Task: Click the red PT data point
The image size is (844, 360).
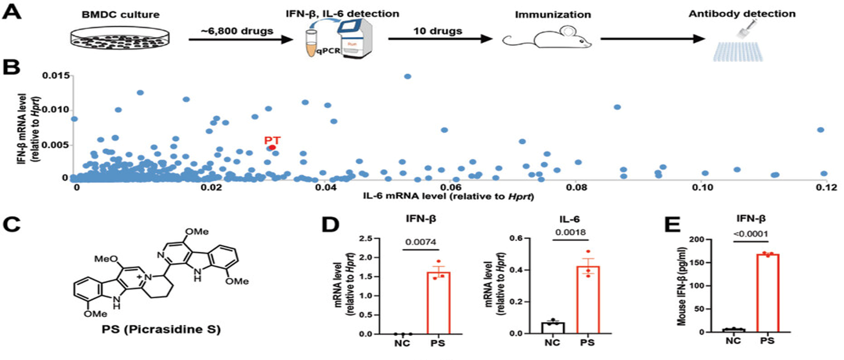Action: (x=272, y=147)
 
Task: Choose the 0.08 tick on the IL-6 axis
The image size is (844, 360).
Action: (x=576, y=187)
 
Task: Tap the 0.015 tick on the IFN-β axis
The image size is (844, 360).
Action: (x=57, y=76)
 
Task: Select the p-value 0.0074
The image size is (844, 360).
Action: (x=421, y=242)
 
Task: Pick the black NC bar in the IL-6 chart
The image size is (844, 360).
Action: (x=553, y=328)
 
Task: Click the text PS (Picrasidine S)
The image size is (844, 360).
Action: (x=161, y=330)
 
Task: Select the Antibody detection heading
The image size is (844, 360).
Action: (x=742, y=13)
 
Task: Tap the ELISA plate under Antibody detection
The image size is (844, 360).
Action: (x=738, y=51)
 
